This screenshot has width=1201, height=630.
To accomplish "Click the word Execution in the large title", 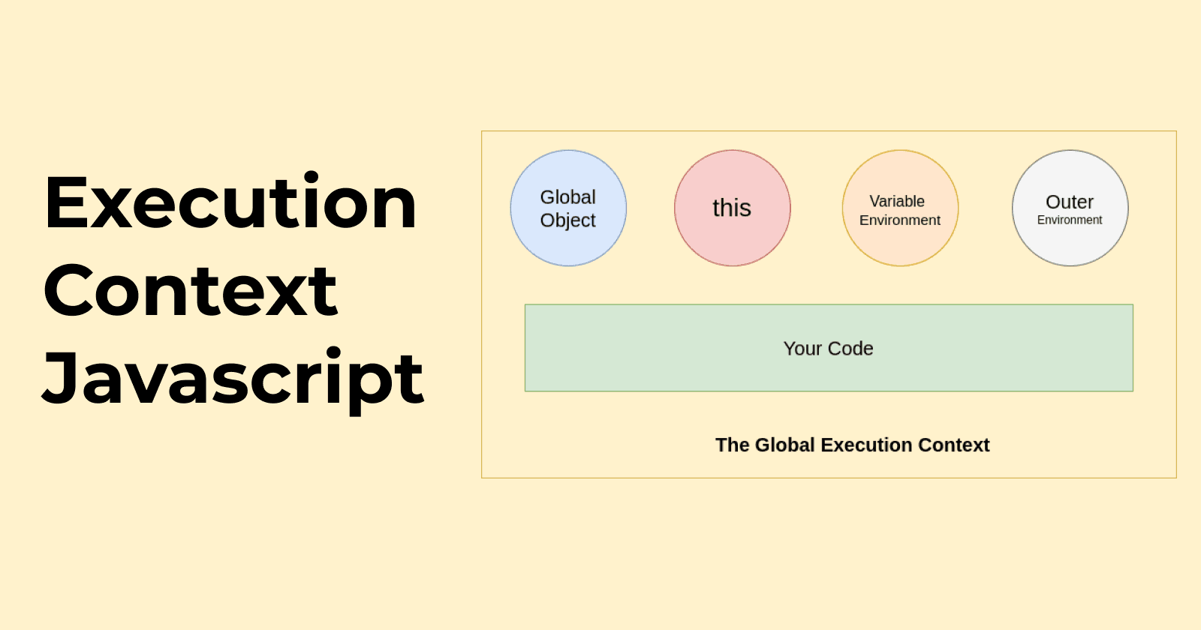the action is [230, 202].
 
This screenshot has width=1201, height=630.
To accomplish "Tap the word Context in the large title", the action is [191, 289].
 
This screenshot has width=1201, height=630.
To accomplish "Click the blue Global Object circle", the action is [568, 208].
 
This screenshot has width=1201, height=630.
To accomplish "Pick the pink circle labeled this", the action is [733, 208].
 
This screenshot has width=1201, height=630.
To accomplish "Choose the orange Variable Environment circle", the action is [900, 208].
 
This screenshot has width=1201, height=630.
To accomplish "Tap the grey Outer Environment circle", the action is [1070, 208].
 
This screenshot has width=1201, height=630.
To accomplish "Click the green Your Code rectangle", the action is [829, 348].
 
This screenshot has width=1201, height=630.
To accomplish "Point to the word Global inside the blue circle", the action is [567, 197].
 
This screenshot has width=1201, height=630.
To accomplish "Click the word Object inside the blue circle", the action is [567, 220].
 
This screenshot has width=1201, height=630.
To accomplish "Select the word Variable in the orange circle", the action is [897, 202].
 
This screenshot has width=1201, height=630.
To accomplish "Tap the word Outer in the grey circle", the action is [1070, 202].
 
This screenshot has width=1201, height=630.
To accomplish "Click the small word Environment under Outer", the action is [1070, 220].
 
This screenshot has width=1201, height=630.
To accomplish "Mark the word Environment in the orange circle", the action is [900, 220].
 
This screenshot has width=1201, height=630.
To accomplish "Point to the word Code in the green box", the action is [850, 349].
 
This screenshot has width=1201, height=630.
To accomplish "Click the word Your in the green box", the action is [802, 349].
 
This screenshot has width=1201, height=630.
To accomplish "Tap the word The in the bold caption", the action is [733, 445].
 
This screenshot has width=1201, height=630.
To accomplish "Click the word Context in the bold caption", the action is [954, 445].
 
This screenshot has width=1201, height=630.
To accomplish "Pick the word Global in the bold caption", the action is [785, 445].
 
